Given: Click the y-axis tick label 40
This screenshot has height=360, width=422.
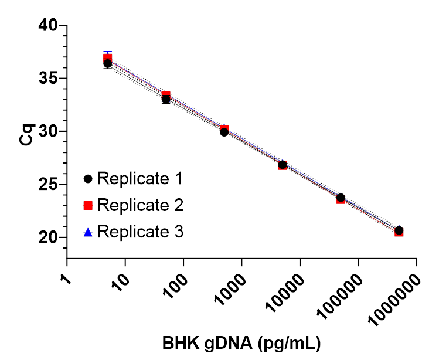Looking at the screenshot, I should point(49,25).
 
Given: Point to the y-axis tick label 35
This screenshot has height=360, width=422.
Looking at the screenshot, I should point(49,78).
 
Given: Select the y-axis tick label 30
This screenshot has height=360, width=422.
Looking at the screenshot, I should point(49,131).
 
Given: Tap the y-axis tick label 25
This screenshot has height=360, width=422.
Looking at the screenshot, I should point(49,185).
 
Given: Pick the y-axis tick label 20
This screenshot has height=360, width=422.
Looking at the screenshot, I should point(49,237).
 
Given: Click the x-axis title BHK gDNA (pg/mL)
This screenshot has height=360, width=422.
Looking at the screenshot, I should point(241,342).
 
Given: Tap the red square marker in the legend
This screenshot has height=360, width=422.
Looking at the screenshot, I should point(89,205).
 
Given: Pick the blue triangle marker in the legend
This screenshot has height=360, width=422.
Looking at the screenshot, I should point(89,232).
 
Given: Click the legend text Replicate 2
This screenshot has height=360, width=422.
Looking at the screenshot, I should point(141,205).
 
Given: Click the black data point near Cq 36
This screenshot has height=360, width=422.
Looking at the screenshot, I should point(108,63).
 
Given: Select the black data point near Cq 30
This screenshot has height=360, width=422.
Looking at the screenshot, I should point(224,132).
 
